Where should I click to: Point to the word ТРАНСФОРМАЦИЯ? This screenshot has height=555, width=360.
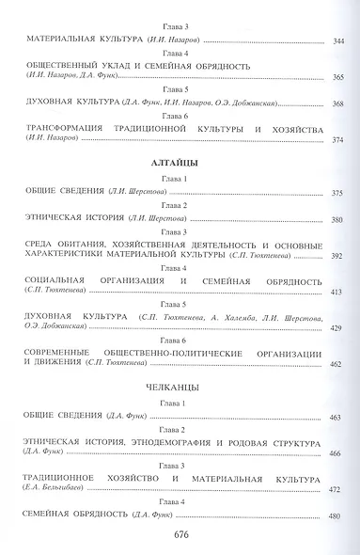[x=71, y=128]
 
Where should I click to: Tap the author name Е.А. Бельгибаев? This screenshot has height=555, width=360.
[x=66, y=488]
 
